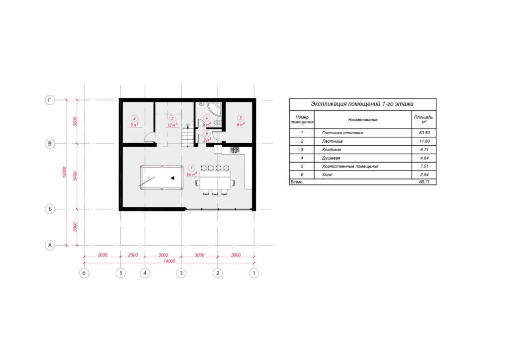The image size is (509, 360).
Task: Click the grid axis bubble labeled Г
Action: coord(50,100)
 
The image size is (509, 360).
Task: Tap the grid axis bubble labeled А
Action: coord(50,246)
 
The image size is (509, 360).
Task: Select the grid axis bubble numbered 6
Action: coord(84,273)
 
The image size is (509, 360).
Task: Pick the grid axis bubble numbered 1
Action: coord(254,273)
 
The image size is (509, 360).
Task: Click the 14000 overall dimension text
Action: coord(169,261)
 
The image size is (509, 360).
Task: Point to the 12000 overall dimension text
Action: coord(64,173)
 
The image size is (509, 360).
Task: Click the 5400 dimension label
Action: coord(76,176)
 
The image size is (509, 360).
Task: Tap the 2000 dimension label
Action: coord(133,255)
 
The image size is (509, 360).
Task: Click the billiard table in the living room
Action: coord(162,178)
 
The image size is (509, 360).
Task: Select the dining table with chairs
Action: coord(215,180)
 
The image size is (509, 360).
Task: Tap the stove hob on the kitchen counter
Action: coord(235,150)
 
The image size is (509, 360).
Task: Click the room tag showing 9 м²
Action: coord(134,121)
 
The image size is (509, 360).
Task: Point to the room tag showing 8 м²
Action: coord(241,121)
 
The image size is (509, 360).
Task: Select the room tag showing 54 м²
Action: coord(191,171)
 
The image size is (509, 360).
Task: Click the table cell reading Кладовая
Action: coord(332,150)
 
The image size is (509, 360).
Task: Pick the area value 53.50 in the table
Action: coord(424,133)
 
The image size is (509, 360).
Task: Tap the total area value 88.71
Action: coord(424,182)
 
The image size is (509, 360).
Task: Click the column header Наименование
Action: coord(363,120)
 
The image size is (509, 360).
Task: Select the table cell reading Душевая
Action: coord(331,158)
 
